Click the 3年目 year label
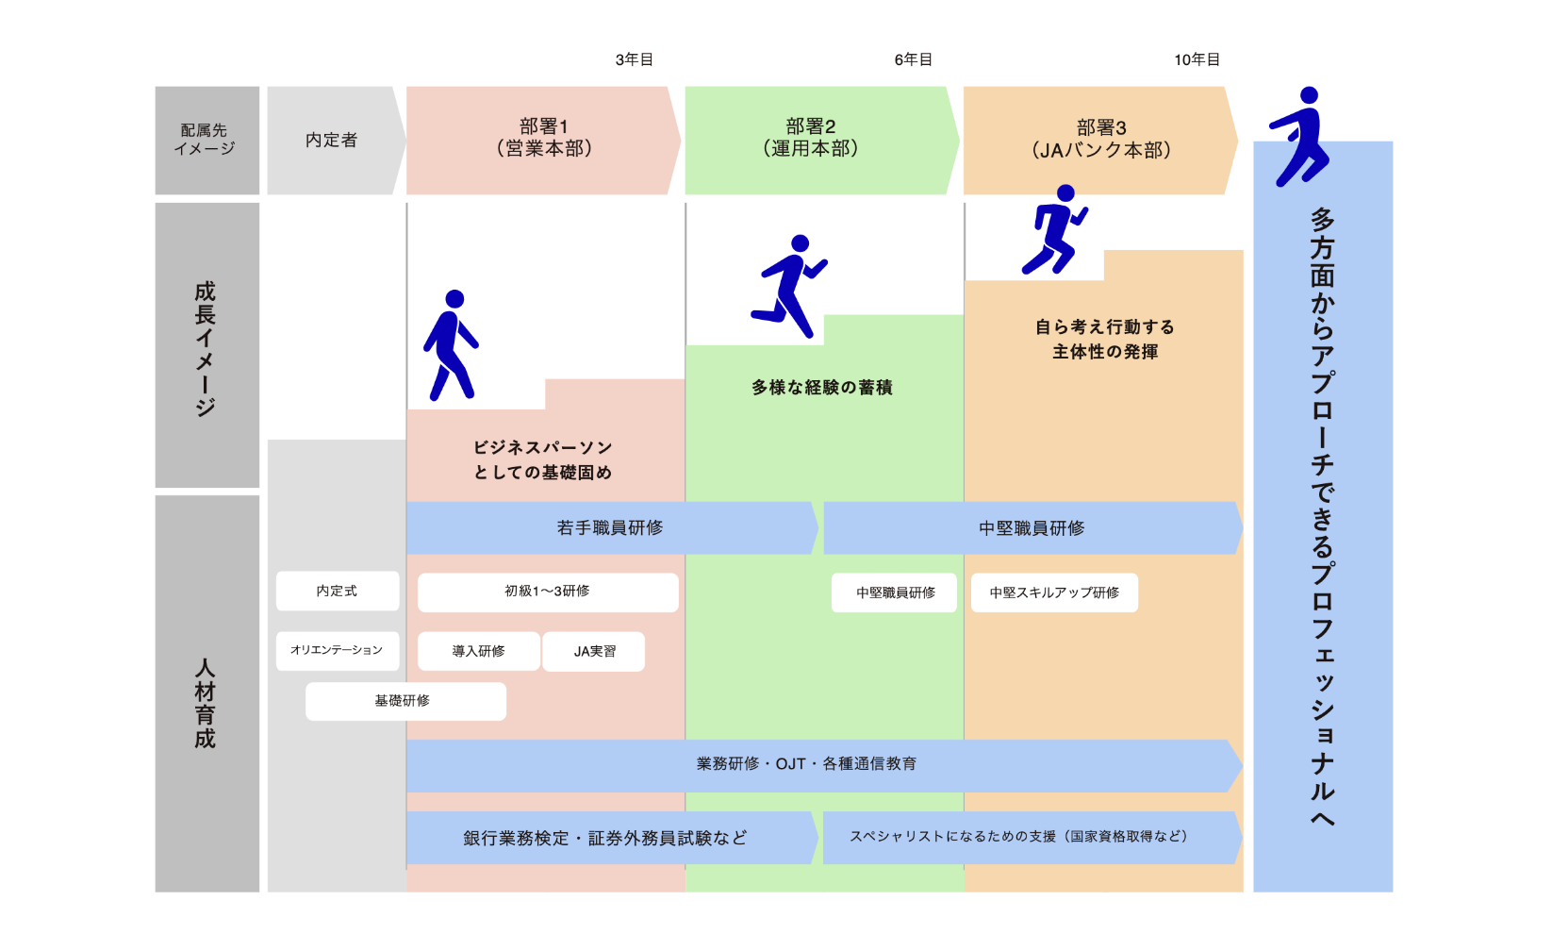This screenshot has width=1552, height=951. (x=634, y=59)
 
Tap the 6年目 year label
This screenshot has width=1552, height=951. (x=913, y=59)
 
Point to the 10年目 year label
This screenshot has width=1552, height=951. (x=1197, y=59)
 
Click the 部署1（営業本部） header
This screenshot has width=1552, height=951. (x=543, y=141)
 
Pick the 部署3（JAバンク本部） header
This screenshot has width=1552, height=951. (x=1100, y=141)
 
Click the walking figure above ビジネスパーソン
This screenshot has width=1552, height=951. (x=451, y=345)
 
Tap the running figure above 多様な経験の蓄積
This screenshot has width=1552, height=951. (x=789, y=286)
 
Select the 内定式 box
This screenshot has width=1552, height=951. (x=338, y=592)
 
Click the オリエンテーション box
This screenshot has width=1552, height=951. (x=338, y=650)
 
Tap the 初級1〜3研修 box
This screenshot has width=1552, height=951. (x=548, y=592)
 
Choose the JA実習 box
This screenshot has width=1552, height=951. (x=594, y=651)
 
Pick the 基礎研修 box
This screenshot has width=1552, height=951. (x=405, y=701)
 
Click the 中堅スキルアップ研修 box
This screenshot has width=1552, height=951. (x=1054, y=592)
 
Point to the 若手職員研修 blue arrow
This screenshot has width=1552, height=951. (x=612, y=527)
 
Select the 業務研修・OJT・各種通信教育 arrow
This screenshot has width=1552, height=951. (x=824, y=765)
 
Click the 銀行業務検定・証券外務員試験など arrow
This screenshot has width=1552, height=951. (x=612, y=838)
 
